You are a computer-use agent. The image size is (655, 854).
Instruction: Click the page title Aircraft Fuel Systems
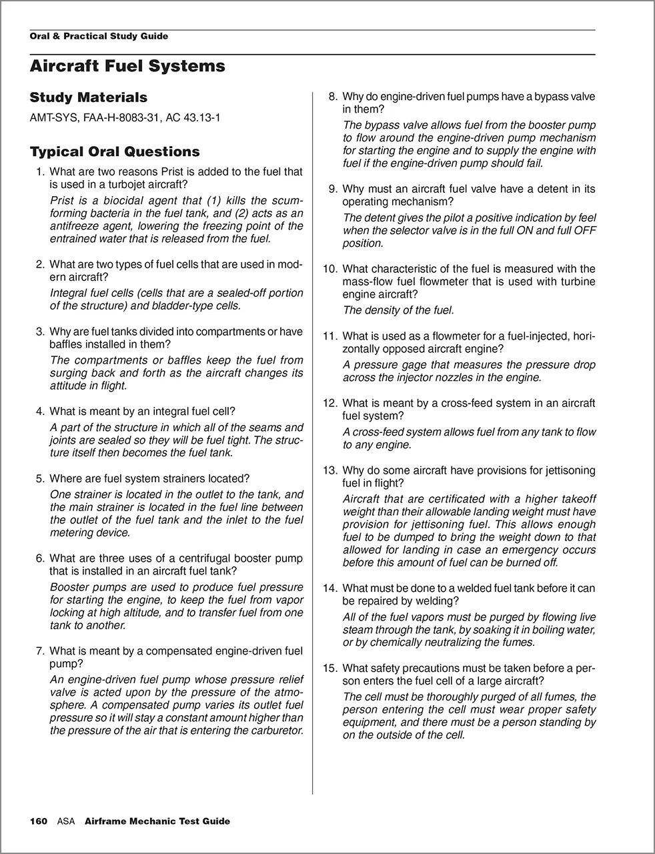[x=127, y=66]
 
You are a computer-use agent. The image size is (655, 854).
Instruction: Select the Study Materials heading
[x=88, y=97]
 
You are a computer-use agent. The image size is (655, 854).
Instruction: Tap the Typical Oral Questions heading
[x=114, y=151]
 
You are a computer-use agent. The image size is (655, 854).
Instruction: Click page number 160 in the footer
[x=39, y=821]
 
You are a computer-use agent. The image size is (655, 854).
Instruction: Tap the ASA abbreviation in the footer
[x=66, y=821]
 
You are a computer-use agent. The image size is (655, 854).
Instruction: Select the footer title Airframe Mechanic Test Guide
[x=157, y=821]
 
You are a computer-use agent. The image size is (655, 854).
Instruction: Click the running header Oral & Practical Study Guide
[x=99, y=36]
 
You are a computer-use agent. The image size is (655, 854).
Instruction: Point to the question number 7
[x=40, y=651]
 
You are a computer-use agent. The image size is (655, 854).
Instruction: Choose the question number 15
[x=330, y=668]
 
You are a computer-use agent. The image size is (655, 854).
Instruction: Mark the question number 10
[x=330, y=269]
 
